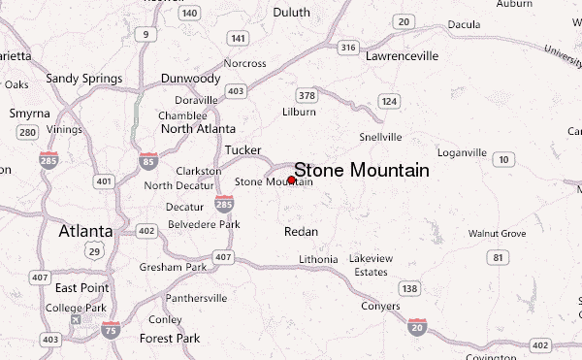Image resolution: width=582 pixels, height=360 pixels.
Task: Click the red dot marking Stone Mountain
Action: [x=291, y=180]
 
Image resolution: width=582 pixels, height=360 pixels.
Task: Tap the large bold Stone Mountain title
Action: [x=362, y=170]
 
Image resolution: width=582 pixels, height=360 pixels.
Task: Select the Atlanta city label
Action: [x=85, y=231]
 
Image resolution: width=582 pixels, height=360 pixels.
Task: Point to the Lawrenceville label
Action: [x=404, y=56]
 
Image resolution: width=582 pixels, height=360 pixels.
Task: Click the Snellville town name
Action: [x=380, y=137]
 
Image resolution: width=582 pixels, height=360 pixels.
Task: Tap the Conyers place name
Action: [x=379, y=307]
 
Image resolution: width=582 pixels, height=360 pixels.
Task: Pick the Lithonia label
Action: [x=318, y=259]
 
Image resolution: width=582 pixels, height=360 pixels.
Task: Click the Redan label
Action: [x=301, y=232]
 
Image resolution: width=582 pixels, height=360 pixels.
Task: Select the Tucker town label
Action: [x=242, y=150]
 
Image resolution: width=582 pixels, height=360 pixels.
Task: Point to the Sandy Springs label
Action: [x=84, y=79]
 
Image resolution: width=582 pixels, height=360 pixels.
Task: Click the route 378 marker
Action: [x=307, y=95]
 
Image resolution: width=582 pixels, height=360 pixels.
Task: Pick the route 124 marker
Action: [x=389, y=101]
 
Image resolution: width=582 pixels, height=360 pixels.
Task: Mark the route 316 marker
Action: [x=348, y=46]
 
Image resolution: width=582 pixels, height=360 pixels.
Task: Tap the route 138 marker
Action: [x=410, y=289]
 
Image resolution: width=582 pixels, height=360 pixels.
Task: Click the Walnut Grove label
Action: [x=497, y=234]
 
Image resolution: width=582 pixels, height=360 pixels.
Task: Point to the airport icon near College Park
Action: [x=76, y=318]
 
